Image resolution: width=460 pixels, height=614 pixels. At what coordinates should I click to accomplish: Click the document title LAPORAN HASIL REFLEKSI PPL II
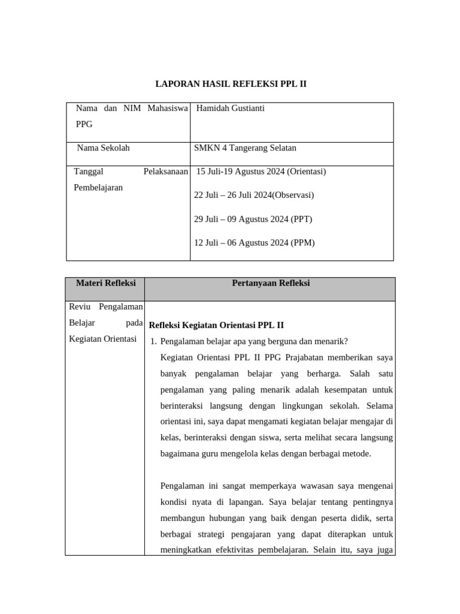click(231, 85)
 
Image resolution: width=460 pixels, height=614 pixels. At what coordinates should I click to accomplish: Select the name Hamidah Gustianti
click(231, 109)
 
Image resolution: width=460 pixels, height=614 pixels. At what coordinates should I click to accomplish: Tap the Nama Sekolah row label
click(103, 148)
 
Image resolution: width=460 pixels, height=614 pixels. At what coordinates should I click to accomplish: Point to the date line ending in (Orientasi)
click(261, 171)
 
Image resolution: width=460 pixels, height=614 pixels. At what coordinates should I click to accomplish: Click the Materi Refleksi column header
click(105, 283)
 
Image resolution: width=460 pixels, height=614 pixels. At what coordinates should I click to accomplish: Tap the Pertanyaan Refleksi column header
click(271, 283)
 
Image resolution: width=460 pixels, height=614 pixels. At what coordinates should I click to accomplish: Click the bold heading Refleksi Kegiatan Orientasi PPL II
click(216, 326)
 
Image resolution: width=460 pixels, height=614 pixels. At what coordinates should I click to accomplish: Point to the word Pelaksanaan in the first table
click(166, 171)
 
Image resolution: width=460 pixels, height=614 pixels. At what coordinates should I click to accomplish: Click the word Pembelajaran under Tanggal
click(98, 188)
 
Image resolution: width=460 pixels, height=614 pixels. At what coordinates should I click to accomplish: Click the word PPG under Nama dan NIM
click(85, 125)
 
